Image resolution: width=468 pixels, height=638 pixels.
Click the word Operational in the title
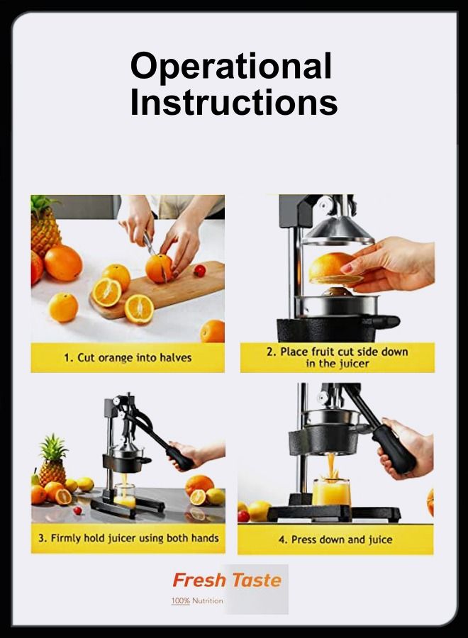(x=230, y=67)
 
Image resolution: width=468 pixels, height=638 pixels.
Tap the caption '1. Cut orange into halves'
(x=128, y=358)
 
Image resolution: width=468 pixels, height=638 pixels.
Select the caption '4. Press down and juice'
(x=335, y=540)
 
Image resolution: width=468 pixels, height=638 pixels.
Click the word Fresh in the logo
(x=199, y=580)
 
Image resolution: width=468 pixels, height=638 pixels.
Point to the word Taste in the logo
(x=257, y=580)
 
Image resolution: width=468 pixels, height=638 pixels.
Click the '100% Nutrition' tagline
(x=197, y=600)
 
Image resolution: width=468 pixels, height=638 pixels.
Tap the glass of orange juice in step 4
(x=331, y=493)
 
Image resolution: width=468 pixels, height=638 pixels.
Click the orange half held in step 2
(x=335, y=269)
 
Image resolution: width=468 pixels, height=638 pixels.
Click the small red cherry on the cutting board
(x=199, y=271)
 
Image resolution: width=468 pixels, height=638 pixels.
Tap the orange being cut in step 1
(x=159, y=268)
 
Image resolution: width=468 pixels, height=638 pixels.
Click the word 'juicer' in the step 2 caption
(x=355, y=364)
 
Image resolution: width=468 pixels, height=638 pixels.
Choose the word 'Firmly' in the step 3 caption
(x=65, y=538)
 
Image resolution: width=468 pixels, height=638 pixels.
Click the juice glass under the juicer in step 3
(x=125, y=496)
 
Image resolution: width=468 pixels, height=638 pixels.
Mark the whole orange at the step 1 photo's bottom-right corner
(x=213, y=331)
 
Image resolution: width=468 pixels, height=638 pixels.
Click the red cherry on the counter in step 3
(x=77, y=510)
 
